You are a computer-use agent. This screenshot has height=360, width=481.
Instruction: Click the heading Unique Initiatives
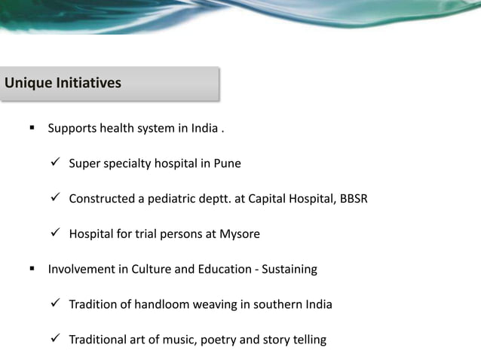pos(63,83)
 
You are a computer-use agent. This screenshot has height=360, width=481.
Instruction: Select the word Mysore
pos(241,234)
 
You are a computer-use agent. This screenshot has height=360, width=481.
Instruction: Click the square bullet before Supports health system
pos(32,128)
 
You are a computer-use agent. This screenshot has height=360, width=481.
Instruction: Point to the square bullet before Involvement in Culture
pos(32,269)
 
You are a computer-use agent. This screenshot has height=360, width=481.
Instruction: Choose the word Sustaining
pos(290,269)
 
